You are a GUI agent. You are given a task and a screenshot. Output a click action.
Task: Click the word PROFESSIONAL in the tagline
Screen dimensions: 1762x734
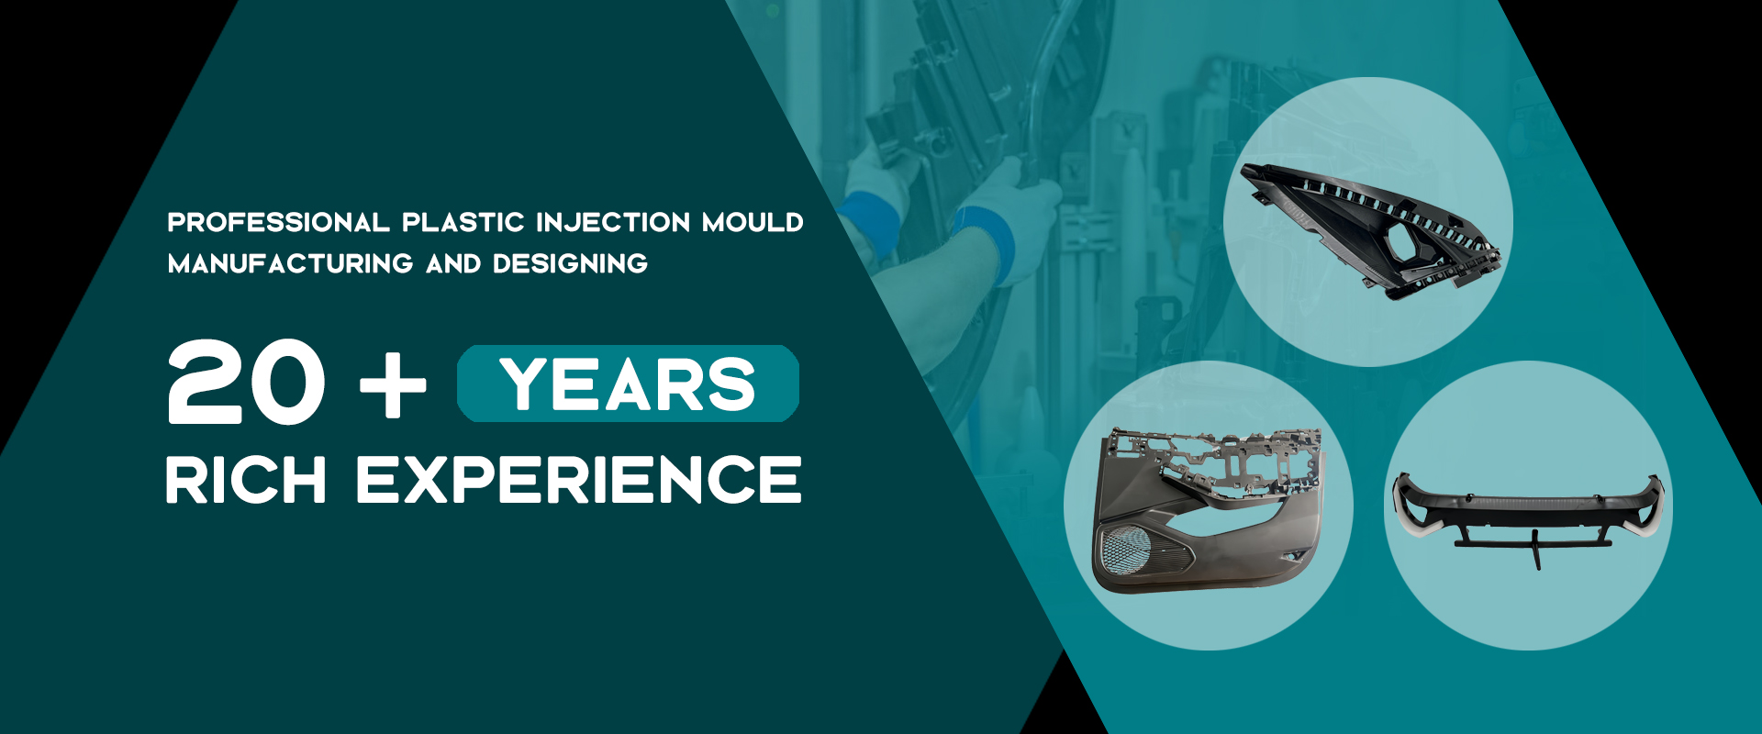pyautogui.click(x=278, y=222)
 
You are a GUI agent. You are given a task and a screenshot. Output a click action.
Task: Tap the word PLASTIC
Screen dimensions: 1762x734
pyautogui.click(x=463, y=222)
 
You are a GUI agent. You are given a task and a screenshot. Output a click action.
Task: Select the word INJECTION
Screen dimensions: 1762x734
pyautogui.click(x=613, y=222)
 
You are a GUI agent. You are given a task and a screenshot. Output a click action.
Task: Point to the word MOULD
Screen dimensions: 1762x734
pyautogui.click(x=753, y=222)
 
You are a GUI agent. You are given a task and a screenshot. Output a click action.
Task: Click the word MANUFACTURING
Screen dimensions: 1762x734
pyautogui.click(x=290, y=263)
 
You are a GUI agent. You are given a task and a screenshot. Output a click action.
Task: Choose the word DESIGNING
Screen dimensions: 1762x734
pyautogui.click(x=570, y=263)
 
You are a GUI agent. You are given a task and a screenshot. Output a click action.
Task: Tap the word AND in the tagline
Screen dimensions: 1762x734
pyautogui.click(x=453, y=263)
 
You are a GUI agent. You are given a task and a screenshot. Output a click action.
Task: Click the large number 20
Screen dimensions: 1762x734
pyautogui.click(x=246, y=382)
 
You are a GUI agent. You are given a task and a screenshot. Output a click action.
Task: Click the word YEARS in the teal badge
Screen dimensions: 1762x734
pyautogui.click(x=628, y=384)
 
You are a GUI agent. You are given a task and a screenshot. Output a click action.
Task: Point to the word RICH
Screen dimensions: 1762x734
pyautogui.click(x=246, y=480)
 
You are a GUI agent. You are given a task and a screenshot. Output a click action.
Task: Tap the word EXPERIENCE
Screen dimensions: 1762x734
pyautogui.click(x=579, y=480)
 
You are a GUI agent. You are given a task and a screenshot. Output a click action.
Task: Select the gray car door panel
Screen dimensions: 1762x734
pyautogui.click(x=1208, y=509)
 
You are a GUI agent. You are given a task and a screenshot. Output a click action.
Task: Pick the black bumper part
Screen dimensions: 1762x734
pyautogui.click(x=1528, y=512)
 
